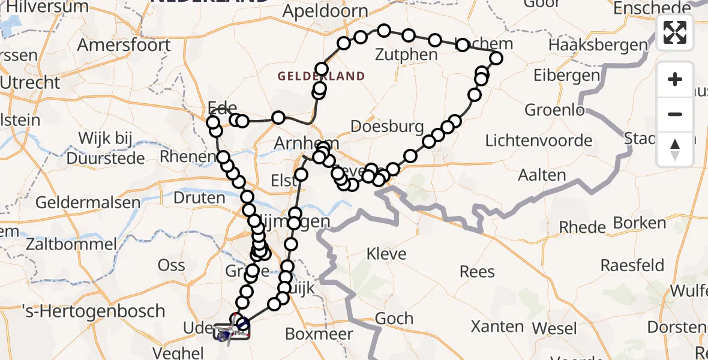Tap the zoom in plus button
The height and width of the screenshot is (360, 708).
[675, 79]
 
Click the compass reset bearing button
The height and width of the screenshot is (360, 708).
[675, 149]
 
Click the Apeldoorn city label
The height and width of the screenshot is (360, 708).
[325, 11]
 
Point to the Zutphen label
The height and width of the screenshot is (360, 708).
[406, 55]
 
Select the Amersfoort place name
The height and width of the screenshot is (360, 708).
[124, 45]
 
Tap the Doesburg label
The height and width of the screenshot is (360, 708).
[387, 127]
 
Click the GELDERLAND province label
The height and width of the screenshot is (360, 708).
[321, 76]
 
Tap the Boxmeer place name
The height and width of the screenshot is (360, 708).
[319, 333]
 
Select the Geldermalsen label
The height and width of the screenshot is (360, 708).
[88, 202]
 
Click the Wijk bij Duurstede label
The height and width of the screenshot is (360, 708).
[106, 148]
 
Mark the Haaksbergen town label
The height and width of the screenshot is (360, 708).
[598, 45]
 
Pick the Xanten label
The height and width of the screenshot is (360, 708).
[498, 326]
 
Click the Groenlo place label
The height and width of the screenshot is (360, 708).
[554, 110]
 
